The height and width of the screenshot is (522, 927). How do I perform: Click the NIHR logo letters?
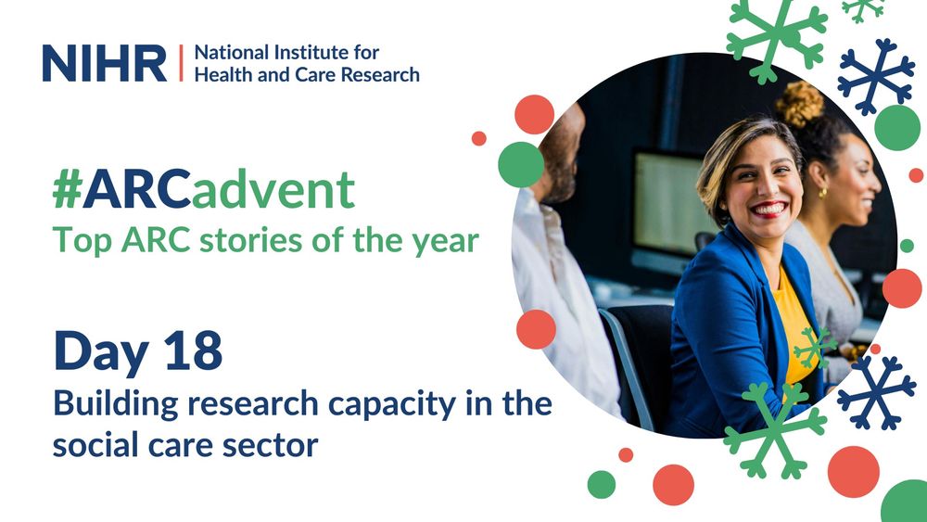[x=104, y=62]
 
